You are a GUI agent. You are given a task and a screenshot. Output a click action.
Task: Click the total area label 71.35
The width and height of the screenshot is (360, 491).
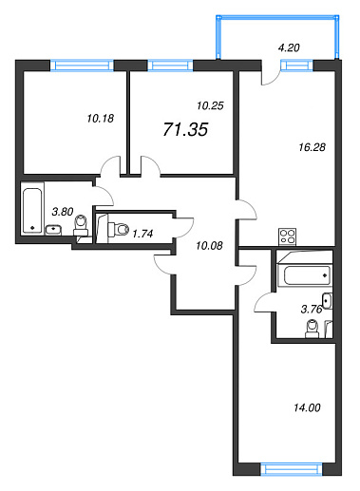tap(185, 129)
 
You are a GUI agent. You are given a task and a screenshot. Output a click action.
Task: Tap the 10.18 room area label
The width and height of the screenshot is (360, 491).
tap(100, 119)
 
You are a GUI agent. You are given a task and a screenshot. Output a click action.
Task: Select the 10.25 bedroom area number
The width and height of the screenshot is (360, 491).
tap(210, 105)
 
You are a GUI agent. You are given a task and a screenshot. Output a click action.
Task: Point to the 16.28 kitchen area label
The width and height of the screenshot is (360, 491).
tap(313, 147)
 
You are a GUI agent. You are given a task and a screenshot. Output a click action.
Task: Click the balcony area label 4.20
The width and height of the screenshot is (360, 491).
tap(289, 47)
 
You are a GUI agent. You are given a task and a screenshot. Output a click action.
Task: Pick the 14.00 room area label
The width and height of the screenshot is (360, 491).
tap(307, 407)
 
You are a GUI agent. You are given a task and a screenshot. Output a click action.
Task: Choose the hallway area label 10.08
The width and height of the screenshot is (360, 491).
tap(209, 245)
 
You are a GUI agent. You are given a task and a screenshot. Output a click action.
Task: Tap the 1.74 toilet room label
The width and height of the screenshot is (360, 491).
tap(142, 234)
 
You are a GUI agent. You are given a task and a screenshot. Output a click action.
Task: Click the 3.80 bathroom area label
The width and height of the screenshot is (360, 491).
tap(63, 211)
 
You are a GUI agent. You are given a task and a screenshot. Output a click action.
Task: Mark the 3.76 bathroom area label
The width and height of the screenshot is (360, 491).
tap(312, 309)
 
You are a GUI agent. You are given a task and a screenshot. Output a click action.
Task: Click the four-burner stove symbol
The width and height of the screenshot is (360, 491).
tap(287, 236)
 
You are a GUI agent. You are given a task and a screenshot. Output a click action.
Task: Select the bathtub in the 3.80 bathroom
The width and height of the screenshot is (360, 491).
tap(32, 211)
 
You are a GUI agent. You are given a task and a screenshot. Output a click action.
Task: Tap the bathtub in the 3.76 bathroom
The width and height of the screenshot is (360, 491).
tap(308, 275)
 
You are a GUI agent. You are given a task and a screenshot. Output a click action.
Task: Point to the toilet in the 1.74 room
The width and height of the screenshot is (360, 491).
tap(119, 229)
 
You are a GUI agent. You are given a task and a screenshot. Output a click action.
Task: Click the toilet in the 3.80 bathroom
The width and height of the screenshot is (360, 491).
tap(81, 224)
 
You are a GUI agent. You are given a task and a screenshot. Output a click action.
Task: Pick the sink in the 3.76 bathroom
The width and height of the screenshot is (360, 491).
tap(327, 301)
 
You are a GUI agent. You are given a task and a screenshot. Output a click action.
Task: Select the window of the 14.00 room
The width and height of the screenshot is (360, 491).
tap(291, 469)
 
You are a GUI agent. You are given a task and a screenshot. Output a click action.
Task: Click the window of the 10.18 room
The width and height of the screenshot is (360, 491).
tap(82, 66)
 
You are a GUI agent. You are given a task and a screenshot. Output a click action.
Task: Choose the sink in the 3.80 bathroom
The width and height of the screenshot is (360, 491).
tap(53, 229)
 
